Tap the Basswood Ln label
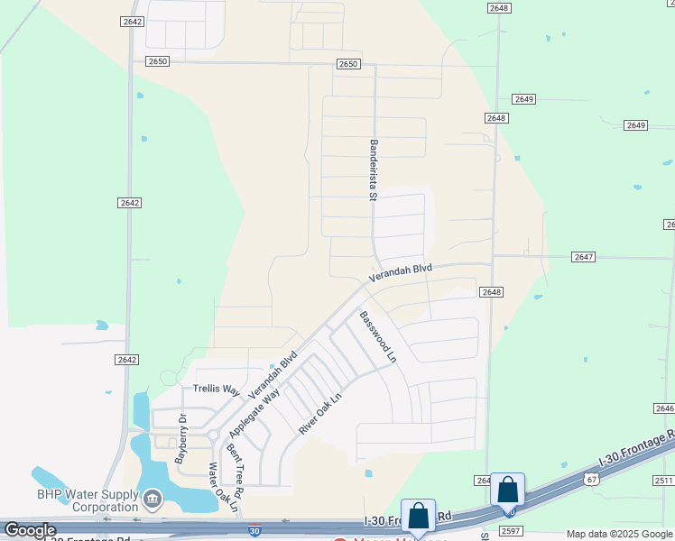[x=378, y=336]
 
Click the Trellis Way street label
[x=217, y=390]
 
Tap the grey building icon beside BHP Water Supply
[x=153, y=498]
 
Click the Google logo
[x=29, y=530]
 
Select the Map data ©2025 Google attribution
[x=619, y=535]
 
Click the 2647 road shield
[x=583, y=257]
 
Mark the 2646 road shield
[x=662, y=408]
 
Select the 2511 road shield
[x=663, y=481]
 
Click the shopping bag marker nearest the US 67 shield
[x=508, y=490]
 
